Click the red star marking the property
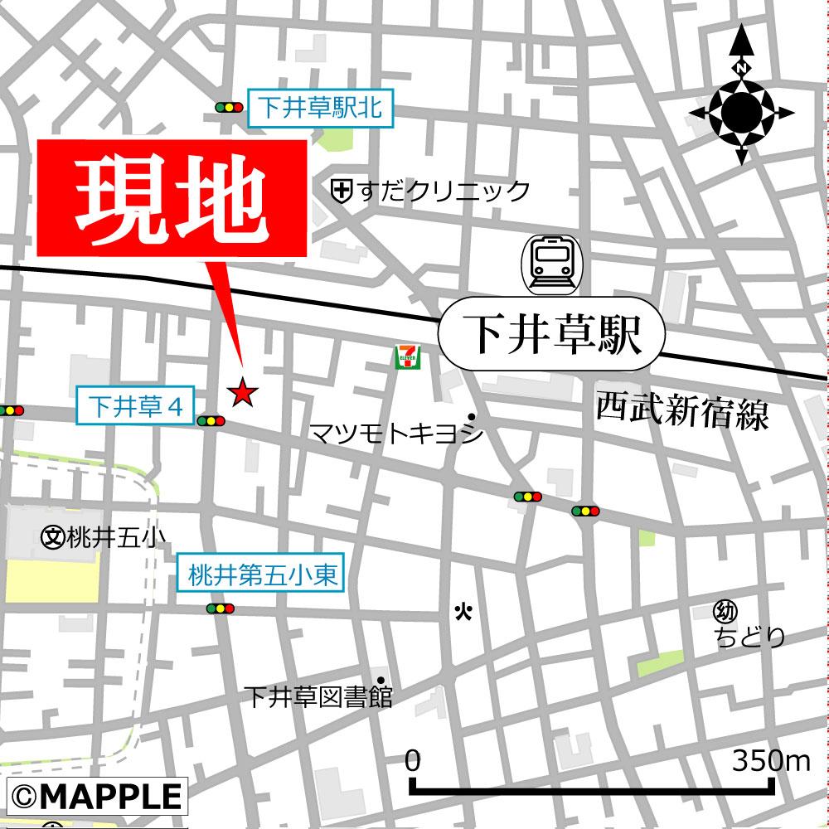click(x=242, y=392)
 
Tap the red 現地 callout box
click(x=172, y=197)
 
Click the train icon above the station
click(x=551, y=264)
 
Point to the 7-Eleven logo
click(x=407, y=357)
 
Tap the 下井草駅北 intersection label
click(x=320, y=106)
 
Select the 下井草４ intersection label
click(x=134, y=407)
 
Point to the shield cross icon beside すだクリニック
click(x=340, y=191)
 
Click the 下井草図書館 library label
click(x=318, y=697)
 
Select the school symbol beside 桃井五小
click(x=51, y=537)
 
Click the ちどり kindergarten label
click(x=750, y=637)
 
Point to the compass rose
click(x=740, y=108)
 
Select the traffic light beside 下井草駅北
click(x=228, y=107)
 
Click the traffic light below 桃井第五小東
click(x=221, y=609)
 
